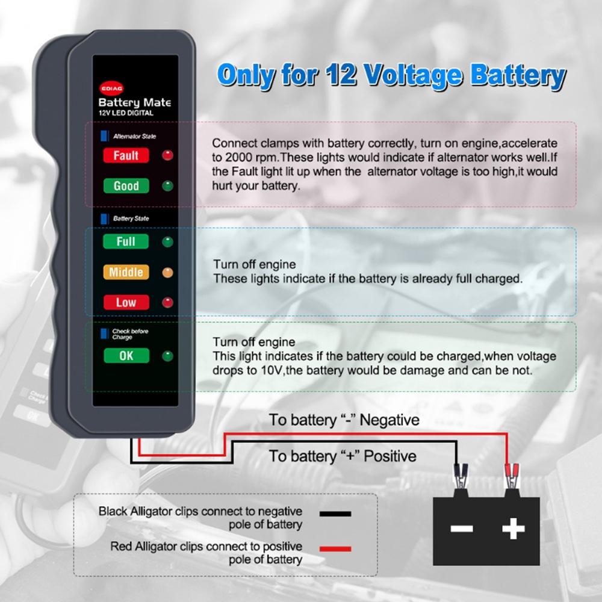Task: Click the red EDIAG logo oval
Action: (x=111, y=88)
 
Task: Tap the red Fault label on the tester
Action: (x=126, y=155)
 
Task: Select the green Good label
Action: (x=126, y=186)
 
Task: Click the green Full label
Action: (x=126, y=241)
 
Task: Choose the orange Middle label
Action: (x=126, y=272)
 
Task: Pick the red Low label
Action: (x=126, y=303)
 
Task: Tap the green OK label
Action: (x=126, y=356)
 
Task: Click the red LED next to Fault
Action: (x=167, y=155)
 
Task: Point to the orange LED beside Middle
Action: (x=167, y=273)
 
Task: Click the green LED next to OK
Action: (x=167, y=356)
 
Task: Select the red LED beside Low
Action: (x=167, y=303)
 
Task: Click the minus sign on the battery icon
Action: (x=462, y=529)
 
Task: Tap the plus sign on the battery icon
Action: (x=514, y=529)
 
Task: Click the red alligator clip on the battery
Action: (x=512, y=476)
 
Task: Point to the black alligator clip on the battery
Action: (x=461, y=476)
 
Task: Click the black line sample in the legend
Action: (x=335, y=514)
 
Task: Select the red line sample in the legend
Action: (x=335, y=548)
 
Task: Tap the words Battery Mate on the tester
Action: (x=135, y=103)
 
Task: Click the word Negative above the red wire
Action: (x=389, y=420)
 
